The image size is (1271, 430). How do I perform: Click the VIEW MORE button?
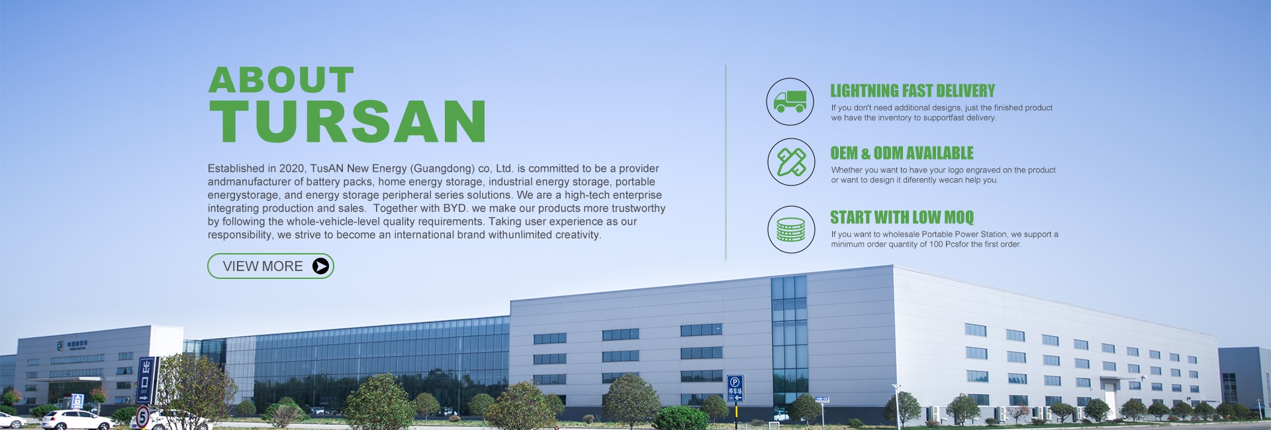pos(270,266)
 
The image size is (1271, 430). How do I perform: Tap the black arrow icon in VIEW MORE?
pos(320,266)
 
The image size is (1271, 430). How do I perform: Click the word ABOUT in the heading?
pos(281,80)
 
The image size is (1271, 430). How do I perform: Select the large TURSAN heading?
pos(348,121)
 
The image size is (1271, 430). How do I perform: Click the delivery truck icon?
pos(790,101)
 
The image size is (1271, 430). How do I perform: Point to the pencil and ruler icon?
pos(791,162)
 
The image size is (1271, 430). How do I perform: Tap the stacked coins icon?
pos(791,229)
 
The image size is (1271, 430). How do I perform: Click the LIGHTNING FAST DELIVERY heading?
pos(913,91)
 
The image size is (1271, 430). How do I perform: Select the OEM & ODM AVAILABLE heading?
pos(902,153)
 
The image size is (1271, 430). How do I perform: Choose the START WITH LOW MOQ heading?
pos(902,217)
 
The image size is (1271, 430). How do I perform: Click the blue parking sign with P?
pos(735,388)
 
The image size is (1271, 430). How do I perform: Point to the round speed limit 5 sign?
pos(142,417)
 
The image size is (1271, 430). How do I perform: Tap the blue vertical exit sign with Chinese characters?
pos(146,380)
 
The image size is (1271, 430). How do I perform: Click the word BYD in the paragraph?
pos(455,208)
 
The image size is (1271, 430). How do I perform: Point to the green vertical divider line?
pos(726,162)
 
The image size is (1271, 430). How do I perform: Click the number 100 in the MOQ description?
pos(936,244)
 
